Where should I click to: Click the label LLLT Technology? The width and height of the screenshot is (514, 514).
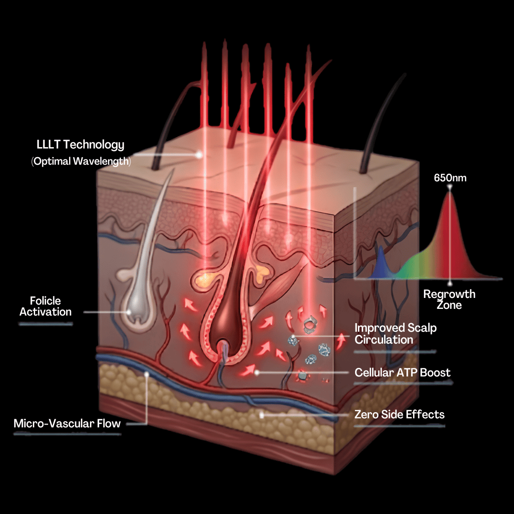[x=80, y=145]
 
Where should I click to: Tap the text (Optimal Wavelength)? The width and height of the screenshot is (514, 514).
[x=81, y=161]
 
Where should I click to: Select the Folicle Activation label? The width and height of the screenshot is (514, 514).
[x=46, y=306]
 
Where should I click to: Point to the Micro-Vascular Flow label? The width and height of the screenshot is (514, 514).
[x=67, y=424]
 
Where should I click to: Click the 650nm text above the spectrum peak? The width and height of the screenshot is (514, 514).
[x=450, y=178]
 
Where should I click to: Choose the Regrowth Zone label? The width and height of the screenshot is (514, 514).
[x=449, y=299]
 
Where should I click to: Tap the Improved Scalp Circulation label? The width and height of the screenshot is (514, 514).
[x=395, y=334]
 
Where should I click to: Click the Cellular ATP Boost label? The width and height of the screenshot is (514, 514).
[x=403, y=373]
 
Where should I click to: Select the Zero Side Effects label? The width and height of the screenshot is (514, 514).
[x=400, y=415]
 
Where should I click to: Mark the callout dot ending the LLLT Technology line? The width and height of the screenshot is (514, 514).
[x=199, y=155]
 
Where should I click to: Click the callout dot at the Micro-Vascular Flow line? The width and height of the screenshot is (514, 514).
[x=147, y=374]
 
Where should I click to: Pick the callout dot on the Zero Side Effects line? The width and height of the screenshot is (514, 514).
[x=262, y=415]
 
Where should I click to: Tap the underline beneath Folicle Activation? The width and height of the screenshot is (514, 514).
[x=46, y=324]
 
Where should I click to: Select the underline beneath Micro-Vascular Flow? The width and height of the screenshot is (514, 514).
[x=67, y=434]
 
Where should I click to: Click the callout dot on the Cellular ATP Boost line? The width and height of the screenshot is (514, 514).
[x=257, y=373]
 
